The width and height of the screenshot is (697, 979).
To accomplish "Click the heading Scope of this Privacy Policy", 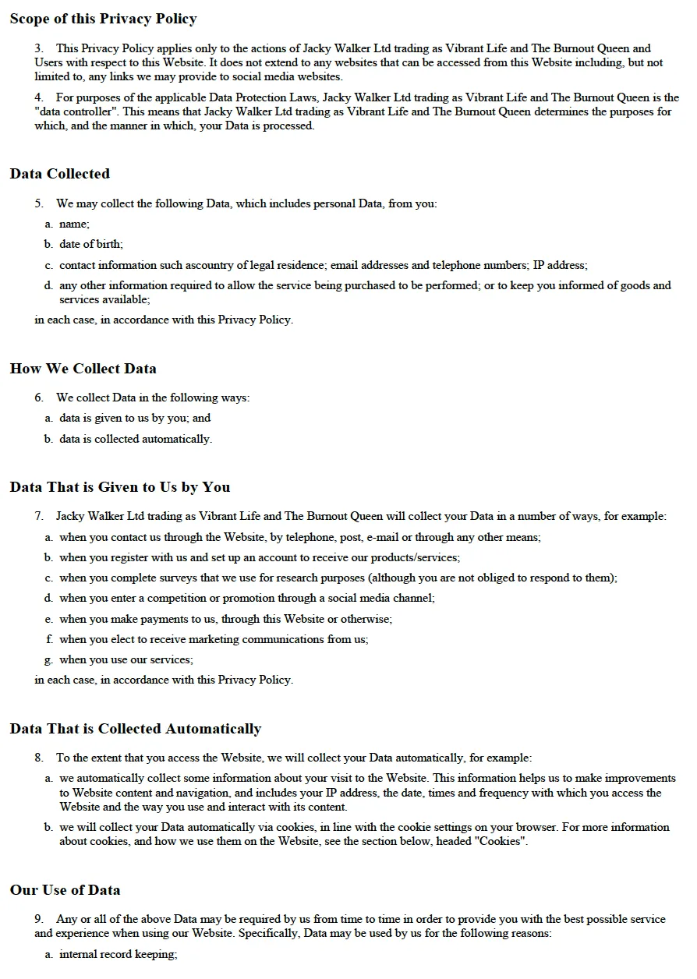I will click(103, 19).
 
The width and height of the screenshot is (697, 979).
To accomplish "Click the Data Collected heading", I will click(59, 174).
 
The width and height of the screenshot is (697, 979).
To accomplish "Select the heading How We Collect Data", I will click(83, 369).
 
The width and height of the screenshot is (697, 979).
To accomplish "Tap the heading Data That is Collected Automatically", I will click(135, 729).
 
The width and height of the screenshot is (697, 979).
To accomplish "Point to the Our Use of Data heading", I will click(65, 890).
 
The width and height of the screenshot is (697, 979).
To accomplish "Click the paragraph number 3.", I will click(39, 48).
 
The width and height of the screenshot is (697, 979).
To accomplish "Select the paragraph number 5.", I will click(39, 203).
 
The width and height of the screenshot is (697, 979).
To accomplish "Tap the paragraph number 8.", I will click(39, 758).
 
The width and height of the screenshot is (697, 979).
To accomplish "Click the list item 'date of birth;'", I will click(91, 244).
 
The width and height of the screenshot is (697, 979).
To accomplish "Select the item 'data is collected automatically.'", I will click(136, 439).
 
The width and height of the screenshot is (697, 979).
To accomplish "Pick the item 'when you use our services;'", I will click(126, 659).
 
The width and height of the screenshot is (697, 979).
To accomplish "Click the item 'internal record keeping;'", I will click(119, 954).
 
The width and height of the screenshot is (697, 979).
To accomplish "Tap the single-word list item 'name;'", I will click(74, 224).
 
